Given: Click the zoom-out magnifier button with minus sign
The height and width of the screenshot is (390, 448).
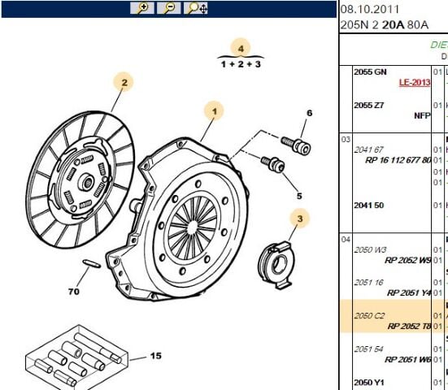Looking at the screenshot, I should coord(168,8).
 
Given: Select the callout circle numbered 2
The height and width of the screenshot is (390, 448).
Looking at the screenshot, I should coord(123,82).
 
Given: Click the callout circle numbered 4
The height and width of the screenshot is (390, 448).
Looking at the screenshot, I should coord(240,47).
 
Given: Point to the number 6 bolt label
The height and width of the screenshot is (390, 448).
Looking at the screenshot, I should coord(309,113).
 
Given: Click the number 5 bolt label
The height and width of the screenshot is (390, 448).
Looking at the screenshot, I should coord(298,196).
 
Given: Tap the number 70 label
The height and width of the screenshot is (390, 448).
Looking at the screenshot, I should coord(74,291).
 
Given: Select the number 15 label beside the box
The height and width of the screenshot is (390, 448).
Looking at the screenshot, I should coord(154,356).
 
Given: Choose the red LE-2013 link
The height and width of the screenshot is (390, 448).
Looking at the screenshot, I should coord(414,83).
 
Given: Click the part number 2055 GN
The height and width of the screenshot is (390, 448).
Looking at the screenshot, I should coord(370,72).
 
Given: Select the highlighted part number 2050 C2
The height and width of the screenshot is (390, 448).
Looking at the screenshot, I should coord(369,315).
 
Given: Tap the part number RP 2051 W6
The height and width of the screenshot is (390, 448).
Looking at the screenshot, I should coord(409,359).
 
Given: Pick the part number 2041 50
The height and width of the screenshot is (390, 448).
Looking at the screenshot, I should coord(369,206).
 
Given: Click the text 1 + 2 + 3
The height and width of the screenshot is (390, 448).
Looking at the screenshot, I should coord(240,63).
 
